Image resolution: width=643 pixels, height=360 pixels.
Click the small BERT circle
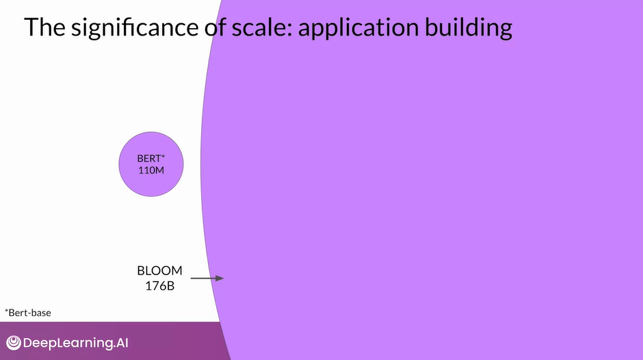click(x=151, y=164)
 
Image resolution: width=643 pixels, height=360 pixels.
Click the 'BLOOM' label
click(x=160, y=271)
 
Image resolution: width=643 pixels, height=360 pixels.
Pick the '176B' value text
click(x=160, y=286)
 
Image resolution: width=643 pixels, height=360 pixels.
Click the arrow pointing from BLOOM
click(x=207, y=279)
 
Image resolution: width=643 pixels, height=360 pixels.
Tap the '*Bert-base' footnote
click(x=28, y=313)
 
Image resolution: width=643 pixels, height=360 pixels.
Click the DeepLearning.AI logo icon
click(x=13, y=342)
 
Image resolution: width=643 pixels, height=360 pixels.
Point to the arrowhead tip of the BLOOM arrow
click(x=223, y=279)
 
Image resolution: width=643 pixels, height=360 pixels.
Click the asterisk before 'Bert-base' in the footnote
click(x=7, y=311)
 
